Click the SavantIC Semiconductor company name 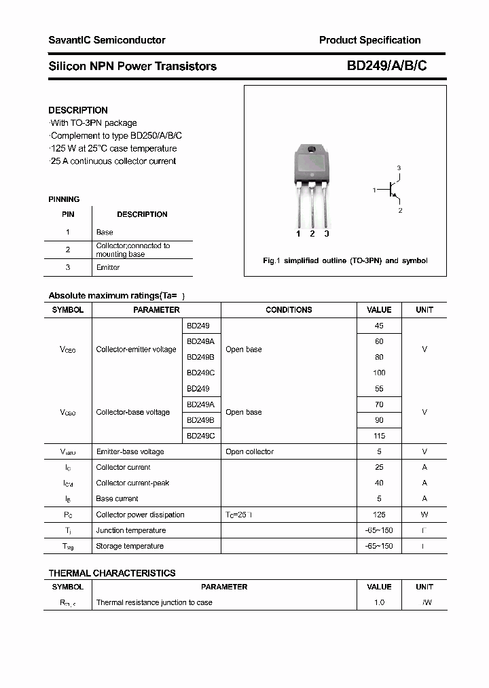107,40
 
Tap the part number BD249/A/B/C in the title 386,67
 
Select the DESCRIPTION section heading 78,110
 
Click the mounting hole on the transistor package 312,150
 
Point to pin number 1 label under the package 298,234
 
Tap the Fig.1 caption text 345,260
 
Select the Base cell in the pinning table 105,232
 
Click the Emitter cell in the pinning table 108,267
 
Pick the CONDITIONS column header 289,310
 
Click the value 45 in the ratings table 379,326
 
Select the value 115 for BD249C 379,436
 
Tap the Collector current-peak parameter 132,483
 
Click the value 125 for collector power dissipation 379,515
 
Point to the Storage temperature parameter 130,546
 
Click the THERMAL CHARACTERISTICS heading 112,573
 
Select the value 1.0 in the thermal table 379,602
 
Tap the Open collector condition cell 249,451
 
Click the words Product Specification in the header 369,40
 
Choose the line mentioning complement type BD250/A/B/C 115,135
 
